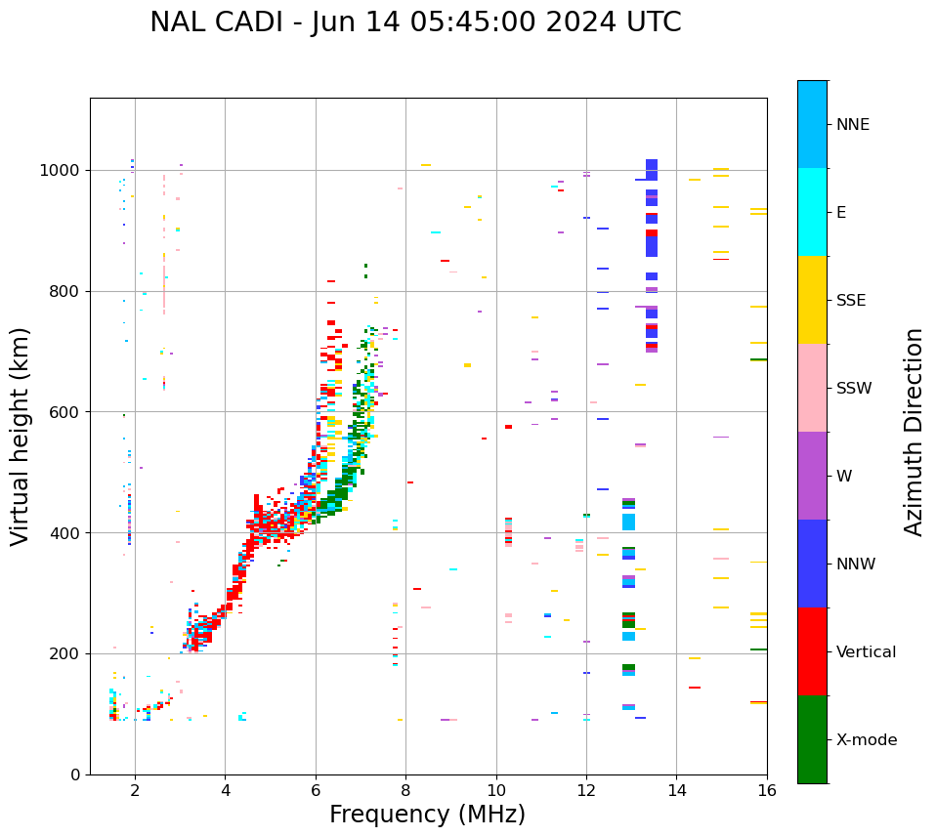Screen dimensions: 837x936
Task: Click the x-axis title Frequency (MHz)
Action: click(427, 815)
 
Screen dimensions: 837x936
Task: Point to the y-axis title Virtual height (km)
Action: click(21, 437)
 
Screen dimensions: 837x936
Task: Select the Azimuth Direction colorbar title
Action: click(914, 432)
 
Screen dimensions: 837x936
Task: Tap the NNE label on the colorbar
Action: click(852, 125)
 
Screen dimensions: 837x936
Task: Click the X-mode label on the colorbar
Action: click(866, 740)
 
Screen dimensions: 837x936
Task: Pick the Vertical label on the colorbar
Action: click(867, 652)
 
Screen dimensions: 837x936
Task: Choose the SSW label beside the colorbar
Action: click(854, 389)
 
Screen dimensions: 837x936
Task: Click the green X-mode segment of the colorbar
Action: click(812, 739)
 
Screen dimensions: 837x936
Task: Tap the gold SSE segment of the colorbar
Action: click(812, 300)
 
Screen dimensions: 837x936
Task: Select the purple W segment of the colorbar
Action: click(812, 476)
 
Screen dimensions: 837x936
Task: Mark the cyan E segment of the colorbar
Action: click(812, 212)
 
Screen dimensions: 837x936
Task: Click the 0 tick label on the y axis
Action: click(76, 774)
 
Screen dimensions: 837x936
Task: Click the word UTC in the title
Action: click(653, 22)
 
